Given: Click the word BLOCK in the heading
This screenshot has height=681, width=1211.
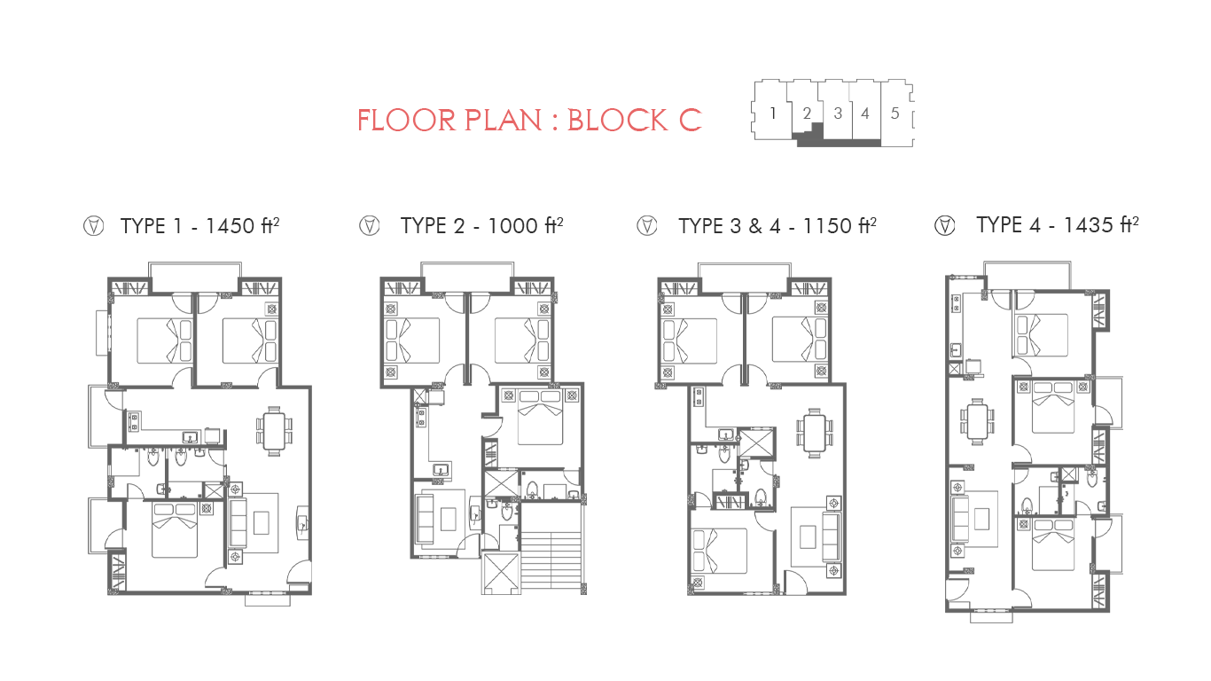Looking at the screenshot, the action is [x=617, y=121].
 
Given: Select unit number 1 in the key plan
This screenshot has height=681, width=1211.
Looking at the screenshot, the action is [x=773, y=113].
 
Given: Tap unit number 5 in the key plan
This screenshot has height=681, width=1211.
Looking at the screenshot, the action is [x=895, y=113].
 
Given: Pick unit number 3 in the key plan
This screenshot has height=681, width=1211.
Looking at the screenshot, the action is [x=838, y=113].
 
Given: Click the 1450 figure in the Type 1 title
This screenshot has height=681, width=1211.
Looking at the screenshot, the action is [x=230, y=226].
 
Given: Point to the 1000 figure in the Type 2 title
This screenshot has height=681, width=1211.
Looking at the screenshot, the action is [x=512, y=226].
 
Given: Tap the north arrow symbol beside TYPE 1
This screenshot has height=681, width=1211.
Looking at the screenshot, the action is [x=93, y=226].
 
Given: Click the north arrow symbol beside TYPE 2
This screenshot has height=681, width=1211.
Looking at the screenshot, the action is [x=370, y=225].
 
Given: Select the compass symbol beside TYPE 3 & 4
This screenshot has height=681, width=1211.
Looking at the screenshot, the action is [x=647, y=225].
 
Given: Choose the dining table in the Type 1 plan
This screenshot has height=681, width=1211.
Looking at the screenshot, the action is [x=274, y=431].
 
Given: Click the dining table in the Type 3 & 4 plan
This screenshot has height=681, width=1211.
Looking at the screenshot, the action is [x=814, y=433].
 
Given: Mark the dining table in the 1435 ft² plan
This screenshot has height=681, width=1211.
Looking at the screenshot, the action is [x=978, y=422].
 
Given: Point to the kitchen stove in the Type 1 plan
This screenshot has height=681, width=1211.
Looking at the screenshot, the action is [x=134, y=421].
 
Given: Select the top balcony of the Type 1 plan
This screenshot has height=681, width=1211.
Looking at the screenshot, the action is [x=195, y=278].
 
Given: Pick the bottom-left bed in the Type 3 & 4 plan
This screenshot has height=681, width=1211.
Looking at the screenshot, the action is [x=720, y=551].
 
